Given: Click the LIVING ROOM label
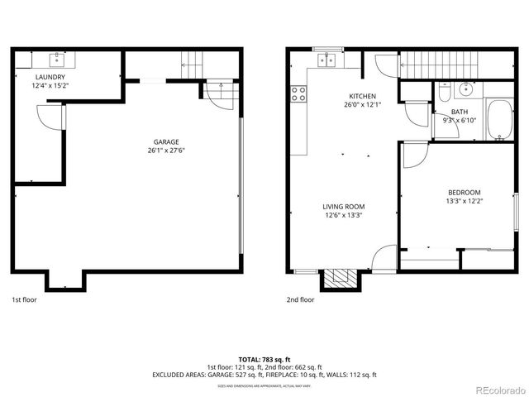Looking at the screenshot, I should (344, 207).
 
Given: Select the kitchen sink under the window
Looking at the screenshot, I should (329, 60).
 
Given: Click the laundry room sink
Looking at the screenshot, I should (57, 60).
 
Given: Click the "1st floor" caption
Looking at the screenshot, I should (24, 300).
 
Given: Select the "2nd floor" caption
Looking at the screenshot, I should (301, 300).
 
